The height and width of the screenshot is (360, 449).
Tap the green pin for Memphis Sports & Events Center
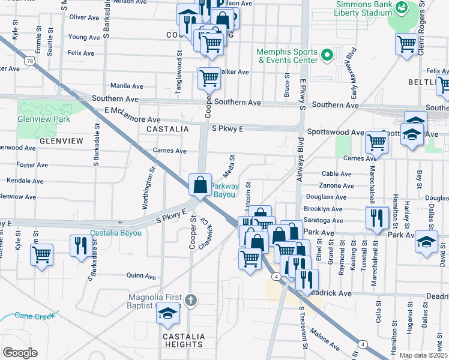pos(327,56)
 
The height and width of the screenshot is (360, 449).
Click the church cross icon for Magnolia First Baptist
pos(190,300)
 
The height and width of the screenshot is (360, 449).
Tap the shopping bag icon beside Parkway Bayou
pos(200,185)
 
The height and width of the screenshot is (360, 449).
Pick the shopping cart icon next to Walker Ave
pos(209,77)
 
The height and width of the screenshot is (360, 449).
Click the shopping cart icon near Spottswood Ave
pos(376,142)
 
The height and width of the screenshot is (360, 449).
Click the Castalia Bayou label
pos(116,233)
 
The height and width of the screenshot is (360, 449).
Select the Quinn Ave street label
pos(141,276)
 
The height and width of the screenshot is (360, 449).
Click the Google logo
pos(20,353)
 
